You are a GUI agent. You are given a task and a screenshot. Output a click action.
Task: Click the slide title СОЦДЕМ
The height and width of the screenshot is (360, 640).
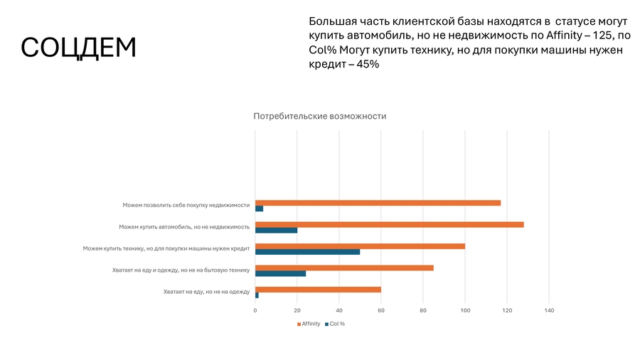pyautogui.click(x=78, y=48)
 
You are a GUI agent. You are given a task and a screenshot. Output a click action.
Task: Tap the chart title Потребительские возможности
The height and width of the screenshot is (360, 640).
pyautogui.click(x=320, y=116)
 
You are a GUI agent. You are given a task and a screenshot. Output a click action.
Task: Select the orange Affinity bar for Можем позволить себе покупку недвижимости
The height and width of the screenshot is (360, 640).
pyautogui.click(x=378, y=203)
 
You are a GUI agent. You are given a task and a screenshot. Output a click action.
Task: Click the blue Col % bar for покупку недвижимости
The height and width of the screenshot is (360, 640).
pyautogui.click(x=260, y=208)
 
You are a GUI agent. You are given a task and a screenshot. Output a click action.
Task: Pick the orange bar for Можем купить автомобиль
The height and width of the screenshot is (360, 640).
pyautogui.click(x=389, y=224)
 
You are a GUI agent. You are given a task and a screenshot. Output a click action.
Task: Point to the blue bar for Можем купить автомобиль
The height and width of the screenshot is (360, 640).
pyautogui.click(x=277, y=231)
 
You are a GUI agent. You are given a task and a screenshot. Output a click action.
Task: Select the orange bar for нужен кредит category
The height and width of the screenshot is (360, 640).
pyautogui.click(x=360, y=246)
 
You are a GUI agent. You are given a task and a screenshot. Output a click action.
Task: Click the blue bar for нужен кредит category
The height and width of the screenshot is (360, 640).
pyautogui.click(x=308, y=252)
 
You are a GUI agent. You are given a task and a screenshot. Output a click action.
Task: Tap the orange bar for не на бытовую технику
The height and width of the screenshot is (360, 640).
pyautogui.click(x=344, y=268)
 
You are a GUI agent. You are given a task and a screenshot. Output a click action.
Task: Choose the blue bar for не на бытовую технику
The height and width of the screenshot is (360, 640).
pyautogui.click(x=281, y=273)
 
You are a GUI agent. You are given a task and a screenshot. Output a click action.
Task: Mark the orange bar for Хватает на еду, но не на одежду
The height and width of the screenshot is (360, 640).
pyautogui.click(x=318, y=290)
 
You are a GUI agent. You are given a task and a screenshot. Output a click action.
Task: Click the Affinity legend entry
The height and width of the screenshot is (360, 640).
pyautogui.click(x=309, y=324)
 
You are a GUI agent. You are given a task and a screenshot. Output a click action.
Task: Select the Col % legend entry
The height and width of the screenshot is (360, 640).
pyautogui.click(x=335, y=324)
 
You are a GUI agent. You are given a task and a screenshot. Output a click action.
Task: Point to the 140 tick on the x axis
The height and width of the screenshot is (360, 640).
pyautogui.click(x=549, y=310)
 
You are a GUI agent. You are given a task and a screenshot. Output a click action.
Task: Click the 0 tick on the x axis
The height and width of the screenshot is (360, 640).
pyautogui.click(x=255, y=310)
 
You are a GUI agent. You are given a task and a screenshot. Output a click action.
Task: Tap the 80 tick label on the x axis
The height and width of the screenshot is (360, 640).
pyautogui.click(x=423, y=310)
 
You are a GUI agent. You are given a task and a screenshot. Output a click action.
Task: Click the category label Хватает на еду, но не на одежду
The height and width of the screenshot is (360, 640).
pyautogui.click(x=206, y=292)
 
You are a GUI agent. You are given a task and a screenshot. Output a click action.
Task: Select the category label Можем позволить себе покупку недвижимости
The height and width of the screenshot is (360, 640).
pyautogui.click(x=186, y=205)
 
